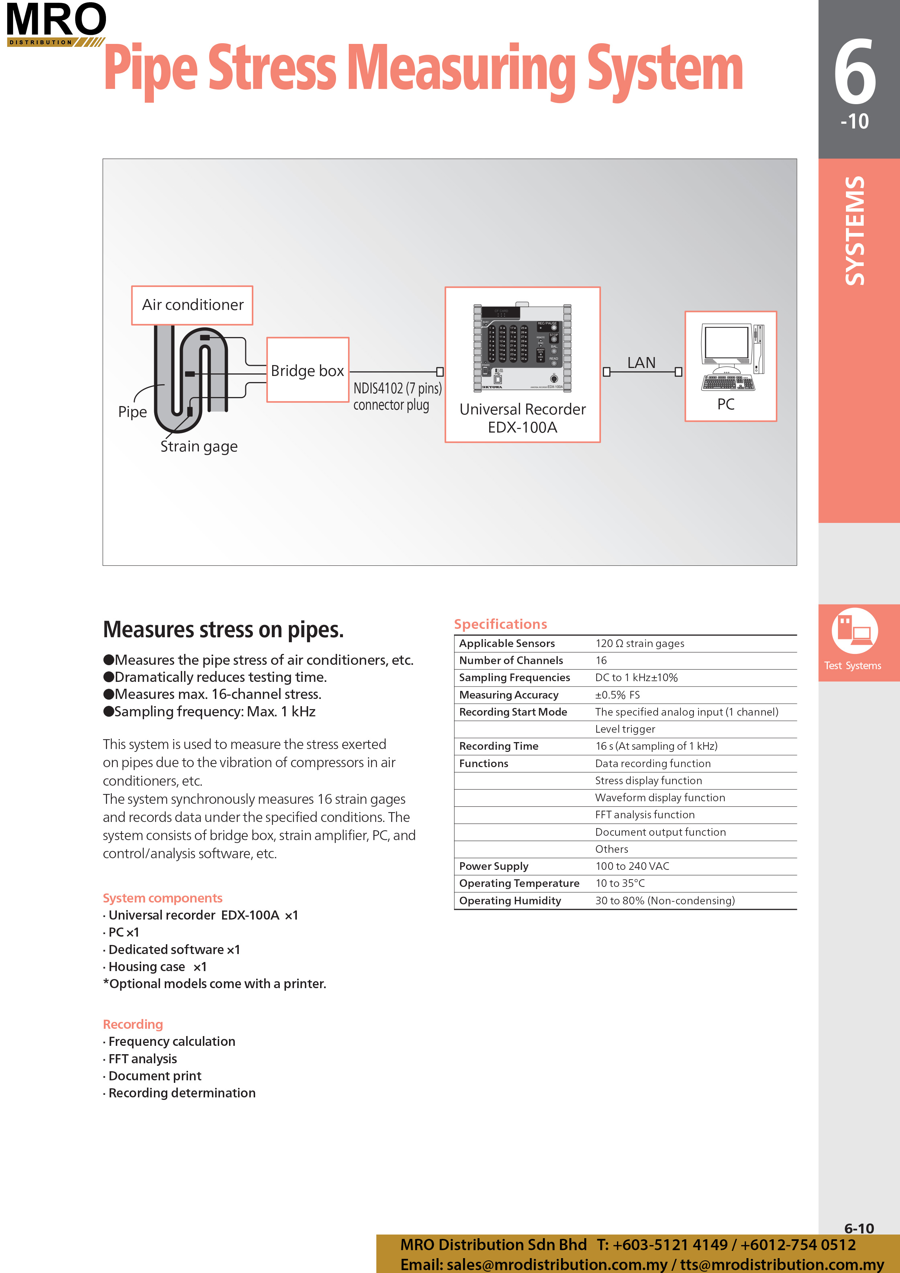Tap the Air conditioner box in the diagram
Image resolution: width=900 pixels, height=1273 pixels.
pyautogui.click(x=192, y=305)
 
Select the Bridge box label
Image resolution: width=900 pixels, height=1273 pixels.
pyautogui.click(x=307, y=371)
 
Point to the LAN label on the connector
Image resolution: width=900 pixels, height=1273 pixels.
pyautogui.click(x=641, y=363)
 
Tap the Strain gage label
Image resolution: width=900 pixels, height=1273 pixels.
pyautogui.click(x=199, y=447)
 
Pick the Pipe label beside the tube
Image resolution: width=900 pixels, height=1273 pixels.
pyautogui.click(x=132, y=412)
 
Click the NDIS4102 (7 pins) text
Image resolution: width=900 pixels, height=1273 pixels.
pyautogui.click(x=397, y=388)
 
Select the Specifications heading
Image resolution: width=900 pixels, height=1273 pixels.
pyautogui.click(x=500, y=624)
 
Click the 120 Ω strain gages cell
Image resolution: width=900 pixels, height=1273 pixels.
pyautogui.click(x=639, y=643)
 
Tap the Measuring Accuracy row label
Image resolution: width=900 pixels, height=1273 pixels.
pyautogui.click(x=508, y=695)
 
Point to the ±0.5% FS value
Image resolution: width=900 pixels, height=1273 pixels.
pyautogui.click(x=617, y=695)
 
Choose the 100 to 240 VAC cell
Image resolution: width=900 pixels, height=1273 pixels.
pyautogui.click(x=632, y=866)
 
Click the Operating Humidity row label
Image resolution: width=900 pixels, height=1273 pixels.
pyautogui.click(x=510, y=900)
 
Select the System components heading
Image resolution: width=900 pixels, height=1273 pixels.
pyautogui.click(x=163, y=898)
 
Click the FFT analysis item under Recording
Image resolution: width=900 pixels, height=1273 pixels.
pyautogui.click(x=143, y=1059)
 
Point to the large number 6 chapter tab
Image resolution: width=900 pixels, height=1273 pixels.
pyautogui.click(x=855, y=72)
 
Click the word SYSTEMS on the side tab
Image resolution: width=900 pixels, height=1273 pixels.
pyautogui.click(x=855, y=231)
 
